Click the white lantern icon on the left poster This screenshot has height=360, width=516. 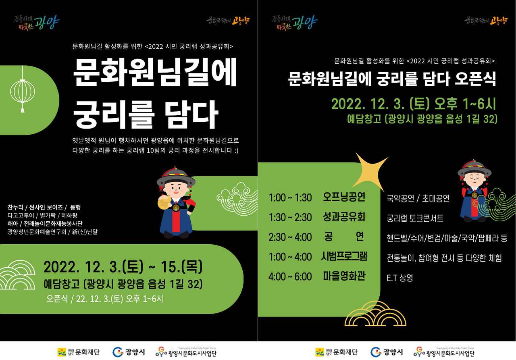point(22,92)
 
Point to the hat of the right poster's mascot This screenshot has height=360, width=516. point(474,169)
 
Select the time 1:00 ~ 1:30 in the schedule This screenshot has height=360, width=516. point(290,198)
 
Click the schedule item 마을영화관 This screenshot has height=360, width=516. point(344,276)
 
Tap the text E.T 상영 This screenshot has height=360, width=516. point(399,278)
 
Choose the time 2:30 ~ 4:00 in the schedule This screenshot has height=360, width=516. point(290,237)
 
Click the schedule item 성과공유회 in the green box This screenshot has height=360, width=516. point(344,217)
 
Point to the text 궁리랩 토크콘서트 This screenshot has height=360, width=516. point(415,218)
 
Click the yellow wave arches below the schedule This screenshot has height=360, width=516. point(375,314)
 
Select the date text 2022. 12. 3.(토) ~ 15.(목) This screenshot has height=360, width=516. point(123,267)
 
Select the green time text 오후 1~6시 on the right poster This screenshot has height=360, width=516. point(465,104)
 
